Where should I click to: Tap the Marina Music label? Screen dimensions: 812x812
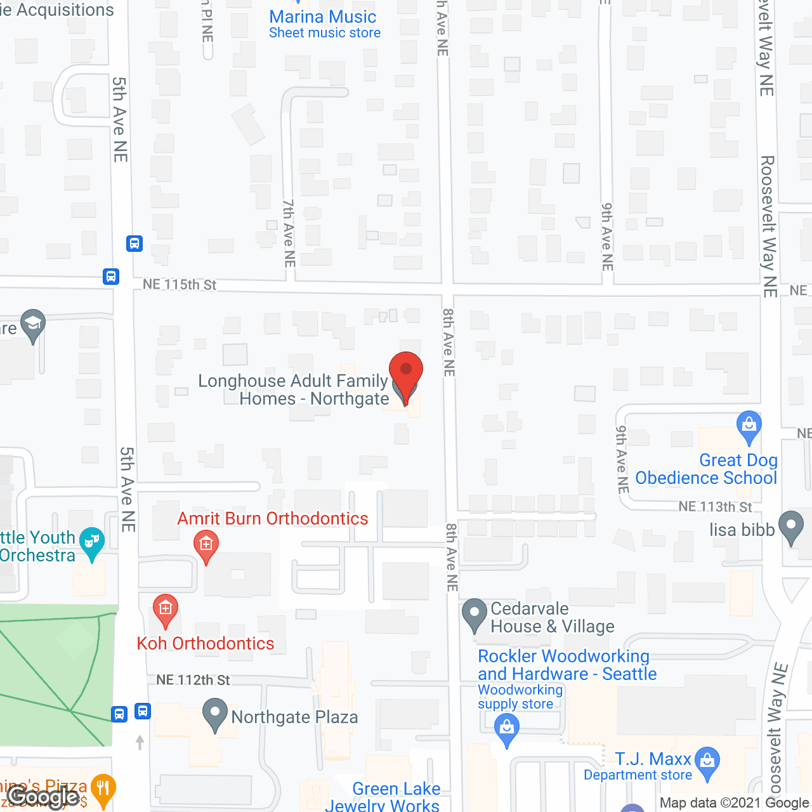pos(323,17)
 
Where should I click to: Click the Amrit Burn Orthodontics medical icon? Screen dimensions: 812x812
pos(206,545)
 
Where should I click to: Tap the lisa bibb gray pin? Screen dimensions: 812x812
pos(790,526)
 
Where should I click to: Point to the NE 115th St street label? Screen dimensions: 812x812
pos(180,285)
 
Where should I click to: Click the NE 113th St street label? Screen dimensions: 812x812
pos(715,507)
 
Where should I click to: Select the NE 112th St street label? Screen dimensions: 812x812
pos(193,680)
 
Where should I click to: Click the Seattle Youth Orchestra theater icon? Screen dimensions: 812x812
pos(93,542)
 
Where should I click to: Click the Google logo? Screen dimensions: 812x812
pos(43,797)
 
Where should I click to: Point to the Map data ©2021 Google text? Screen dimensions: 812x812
pos(735,803)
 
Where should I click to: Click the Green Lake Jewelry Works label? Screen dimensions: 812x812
pos(387,797)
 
